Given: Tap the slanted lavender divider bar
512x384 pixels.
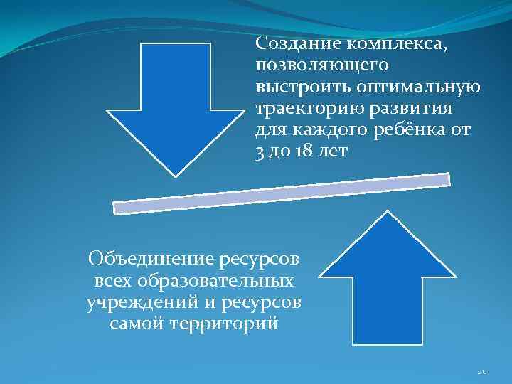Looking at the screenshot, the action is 282,193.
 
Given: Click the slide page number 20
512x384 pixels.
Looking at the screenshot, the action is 482,371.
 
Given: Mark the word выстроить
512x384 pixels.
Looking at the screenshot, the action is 293,87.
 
